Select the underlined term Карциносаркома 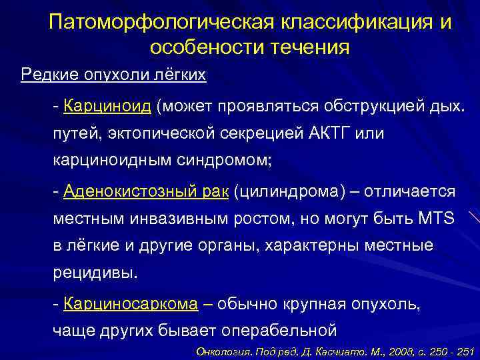131,304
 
